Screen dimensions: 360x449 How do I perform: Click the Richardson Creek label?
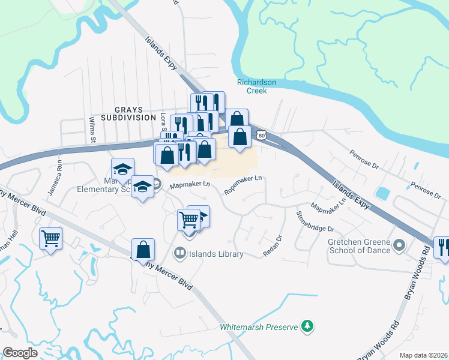pos(256,86)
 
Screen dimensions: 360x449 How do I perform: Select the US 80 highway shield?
pos(261,136)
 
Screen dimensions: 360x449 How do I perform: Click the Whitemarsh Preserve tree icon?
pos(307,326)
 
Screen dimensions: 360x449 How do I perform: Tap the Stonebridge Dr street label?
pos(314,221)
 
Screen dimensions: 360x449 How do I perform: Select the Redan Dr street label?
pos(272,246)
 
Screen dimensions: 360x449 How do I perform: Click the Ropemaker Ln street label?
pos(244,184)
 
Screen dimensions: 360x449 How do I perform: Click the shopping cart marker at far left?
pos(50,239)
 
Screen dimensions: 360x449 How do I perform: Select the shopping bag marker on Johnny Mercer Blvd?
pos(143,249)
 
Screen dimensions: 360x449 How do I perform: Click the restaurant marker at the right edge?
pos(443,247)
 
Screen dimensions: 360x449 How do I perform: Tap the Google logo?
pos(20,352)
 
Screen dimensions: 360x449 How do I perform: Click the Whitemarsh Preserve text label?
pos(259,327)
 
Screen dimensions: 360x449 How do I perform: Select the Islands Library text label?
pos(216,254)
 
